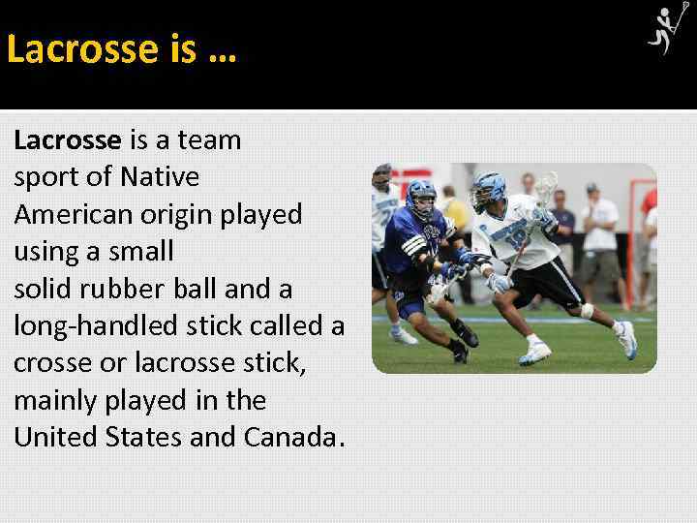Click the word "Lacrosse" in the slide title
[81, 47]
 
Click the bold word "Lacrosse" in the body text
[67, 140]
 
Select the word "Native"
[160, 177]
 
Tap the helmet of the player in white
[486, 189]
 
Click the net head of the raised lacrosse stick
[546, 187]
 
